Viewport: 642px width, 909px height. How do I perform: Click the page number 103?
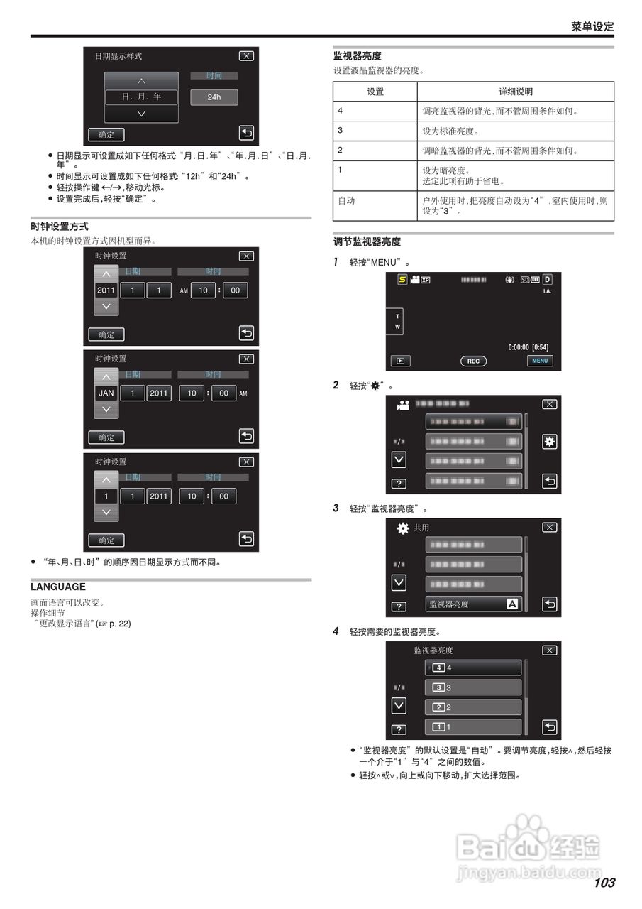[604, 883]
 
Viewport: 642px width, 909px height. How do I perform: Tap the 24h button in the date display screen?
[214, 97]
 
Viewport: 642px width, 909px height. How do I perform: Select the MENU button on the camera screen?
[540, 361]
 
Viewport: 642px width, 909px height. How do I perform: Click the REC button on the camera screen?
[473, 361]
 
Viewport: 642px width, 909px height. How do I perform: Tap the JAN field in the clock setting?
[106, 393]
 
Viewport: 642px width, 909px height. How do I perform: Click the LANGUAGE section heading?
[58, 587]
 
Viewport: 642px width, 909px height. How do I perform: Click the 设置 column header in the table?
[375, 92]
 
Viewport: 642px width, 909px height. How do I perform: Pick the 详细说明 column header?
[515, 92]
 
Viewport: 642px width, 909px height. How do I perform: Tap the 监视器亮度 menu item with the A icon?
[473, 604]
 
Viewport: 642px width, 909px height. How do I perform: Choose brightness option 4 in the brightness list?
[473, 668]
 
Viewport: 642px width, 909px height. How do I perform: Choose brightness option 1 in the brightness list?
[473, 727]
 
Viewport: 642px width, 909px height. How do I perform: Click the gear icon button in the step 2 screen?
[549, 441]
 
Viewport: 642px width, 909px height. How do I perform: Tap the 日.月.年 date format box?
[141, 97]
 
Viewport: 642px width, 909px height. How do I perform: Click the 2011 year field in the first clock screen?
[106, 290]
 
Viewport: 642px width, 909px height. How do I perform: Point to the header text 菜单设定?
[592, 26]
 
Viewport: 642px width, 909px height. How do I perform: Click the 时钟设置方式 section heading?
[60, 227]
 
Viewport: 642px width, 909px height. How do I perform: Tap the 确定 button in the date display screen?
[106, 134]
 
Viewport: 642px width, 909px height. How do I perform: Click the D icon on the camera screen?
[547, 279]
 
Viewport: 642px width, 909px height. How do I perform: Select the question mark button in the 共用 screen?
[399, 606]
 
